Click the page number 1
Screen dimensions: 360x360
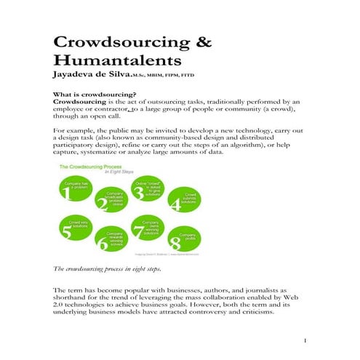306,340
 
